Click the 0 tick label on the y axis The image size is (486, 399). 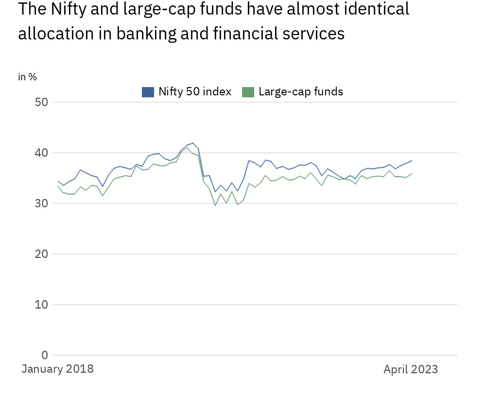(x=45, y=355)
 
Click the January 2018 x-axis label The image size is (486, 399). (x=58, y=369)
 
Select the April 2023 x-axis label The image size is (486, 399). (x=411, y=369)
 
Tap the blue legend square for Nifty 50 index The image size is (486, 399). (x=148, y=91)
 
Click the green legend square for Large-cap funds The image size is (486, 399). (x=248, y=91)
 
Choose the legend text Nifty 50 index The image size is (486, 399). (x=195, y=91)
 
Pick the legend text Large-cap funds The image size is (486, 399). (x=301, y=91)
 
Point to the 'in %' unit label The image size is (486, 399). (x=28, y=77)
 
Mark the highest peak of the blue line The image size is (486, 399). (x=193, y=143)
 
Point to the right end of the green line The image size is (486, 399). (x=412, y=173)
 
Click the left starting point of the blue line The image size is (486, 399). (x=58, y=181)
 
